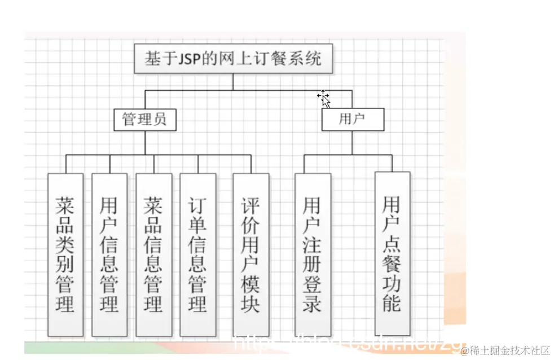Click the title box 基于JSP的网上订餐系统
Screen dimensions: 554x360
coord(233,59)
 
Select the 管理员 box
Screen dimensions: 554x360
coord(144,120)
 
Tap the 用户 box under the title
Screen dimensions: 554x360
coord(353,120)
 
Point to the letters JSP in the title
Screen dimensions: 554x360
coord(189,59)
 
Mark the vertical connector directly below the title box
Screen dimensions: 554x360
coord(233,82)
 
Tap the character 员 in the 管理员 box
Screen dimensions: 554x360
coord(160,120)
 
